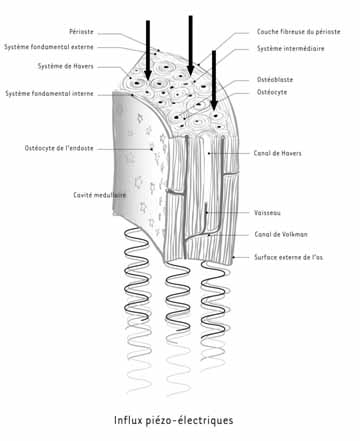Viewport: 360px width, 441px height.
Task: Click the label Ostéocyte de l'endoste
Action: click(x=59, y=148)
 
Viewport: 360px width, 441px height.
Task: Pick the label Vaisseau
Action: click(x=267, y=211)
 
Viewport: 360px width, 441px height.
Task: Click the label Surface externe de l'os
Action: click(x=288, y=258)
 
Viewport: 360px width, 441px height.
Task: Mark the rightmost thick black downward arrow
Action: click(x=213, y=77)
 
